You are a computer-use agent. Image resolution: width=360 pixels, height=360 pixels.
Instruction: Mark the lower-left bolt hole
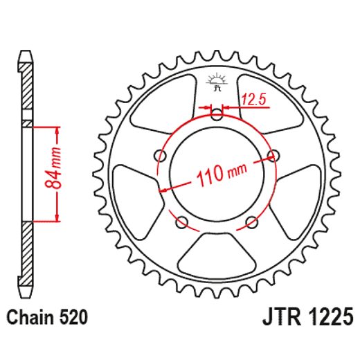pyautogui.click(x=183, y=222)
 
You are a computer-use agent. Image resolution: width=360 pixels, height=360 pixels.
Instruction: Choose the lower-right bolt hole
pyautogui.click(x=251, y=222)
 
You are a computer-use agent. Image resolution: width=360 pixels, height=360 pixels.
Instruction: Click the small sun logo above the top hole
pyautogui.click(x=217, y=80)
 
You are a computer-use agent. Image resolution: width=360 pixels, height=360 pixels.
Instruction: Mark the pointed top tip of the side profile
pyautogui.click(x=26, y=51)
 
